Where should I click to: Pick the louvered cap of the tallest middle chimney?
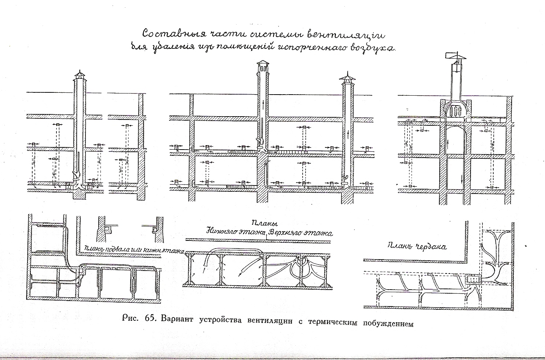pyautogui.click(x=263, y=67)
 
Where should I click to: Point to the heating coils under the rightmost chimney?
pyautogui.click(x=455, y=110)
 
